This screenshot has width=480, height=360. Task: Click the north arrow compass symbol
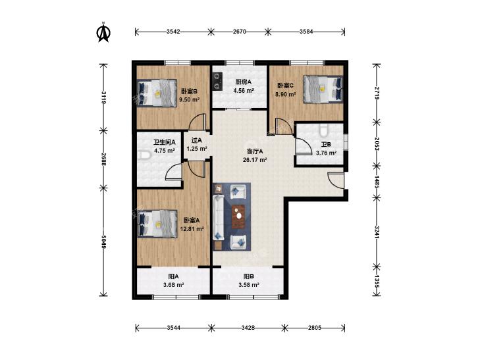pos(103,32)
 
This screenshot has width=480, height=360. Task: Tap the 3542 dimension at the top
pos(173,32)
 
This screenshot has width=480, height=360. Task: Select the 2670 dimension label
pos(240,32)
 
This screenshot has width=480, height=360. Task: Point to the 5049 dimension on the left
pos(104,242)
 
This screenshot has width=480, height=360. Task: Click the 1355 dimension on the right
pos(377,282)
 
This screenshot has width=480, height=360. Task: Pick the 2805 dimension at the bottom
pos(315,328)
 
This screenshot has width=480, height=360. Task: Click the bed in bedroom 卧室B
pos(157,93)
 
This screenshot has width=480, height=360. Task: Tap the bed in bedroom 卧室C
pos(323,89)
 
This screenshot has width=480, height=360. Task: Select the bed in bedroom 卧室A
pos(157,224)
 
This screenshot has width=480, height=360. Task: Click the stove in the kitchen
pos(217,81)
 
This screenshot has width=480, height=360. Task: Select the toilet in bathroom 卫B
pos(323,130)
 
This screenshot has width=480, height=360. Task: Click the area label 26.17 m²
pos(255,160)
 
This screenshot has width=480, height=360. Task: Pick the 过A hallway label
pos(196,140)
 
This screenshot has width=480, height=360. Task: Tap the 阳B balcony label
pos(249,276)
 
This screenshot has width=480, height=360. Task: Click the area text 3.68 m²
pos(174,285)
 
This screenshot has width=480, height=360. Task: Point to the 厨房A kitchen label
pos(243,82)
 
